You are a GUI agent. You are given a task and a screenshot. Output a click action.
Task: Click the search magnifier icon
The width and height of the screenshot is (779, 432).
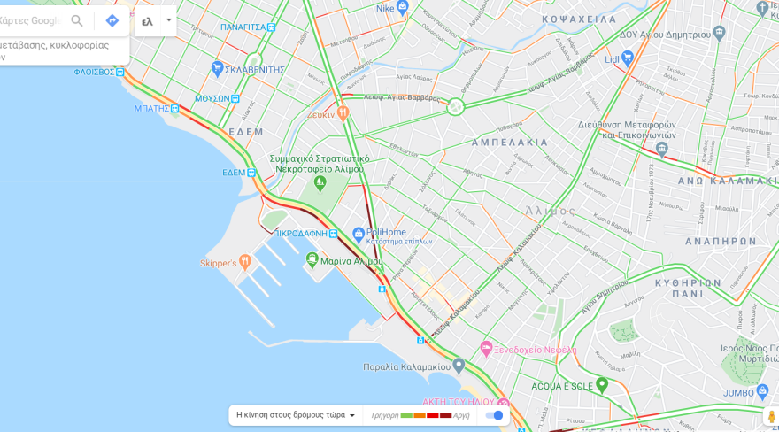(x=77, y=20)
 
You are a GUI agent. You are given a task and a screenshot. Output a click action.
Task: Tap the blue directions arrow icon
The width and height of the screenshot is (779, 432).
(x=112, y=20)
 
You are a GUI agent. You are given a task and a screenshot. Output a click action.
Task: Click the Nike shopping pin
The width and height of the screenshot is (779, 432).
(x=403, y=8)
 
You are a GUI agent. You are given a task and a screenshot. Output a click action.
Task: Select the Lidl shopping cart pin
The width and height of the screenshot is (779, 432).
(x=628, y=58)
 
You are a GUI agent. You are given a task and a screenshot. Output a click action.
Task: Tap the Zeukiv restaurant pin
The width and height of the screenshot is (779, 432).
(x=343, y=113)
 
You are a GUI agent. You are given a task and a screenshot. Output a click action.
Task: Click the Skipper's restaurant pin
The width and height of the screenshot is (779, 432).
(x=245, y=262)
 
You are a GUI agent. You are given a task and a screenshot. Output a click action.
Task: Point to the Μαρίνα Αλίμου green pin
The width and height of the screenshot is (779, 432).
(x=312, y=259)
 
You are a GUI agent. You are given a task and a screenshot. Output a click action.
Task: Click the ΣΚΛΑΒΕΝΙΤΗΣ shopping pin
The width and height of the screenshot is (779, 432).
(x=218, y=68)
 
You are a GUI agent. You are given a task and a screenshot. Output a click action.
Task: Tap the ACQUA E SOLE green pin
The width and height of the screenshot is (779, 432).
(x=602, y=385)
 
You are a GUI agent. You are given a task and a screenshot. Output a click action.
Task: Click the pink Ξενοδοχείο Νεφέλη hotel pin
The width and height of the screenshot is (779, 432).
(x=486, y=349)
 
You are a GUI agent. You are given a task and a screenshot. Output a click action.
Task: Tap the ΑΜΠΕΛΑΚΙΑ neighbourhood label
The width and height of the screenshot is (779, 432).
(x=509, y=142)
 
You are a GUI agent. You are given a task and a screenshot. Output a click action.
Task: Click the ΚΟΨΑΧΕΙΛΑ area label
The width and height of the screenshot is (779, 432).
(x=579, y=19)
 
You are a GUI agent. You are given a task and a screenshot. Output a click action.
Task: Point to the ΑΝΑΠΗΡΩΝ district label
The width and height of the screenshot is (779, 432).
(x=721, y=241)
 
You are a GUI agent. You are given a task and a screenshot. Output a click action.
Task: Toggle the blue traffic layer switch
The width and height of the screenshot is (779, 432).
(x=494, y=415)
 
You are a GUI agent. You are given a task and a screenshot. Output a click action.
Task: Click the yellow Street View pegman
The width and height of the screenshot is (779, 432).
(x=771, y=415)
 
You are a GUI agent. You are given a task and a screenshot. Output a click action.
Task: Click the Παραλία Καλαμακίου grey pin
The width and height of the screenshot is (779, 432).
(x=459, y=365)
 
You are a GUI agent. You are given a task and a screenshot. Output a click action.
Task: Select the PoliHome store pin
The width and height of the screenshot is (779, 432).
(x=359, y=235)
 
